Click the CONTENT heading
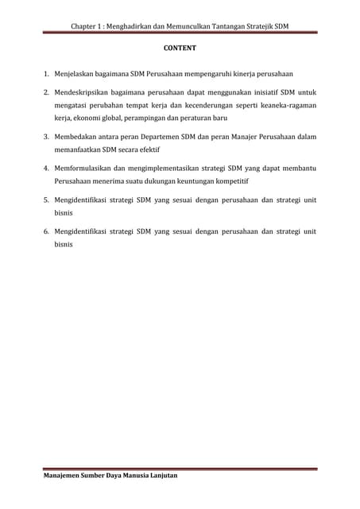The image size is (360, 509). point(180,49)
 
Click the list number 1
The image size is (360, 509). point(46,74)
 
